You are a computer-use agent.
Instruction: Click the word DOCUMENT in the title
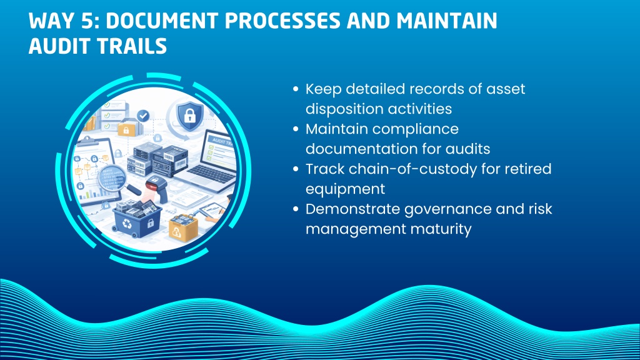pos(162,21)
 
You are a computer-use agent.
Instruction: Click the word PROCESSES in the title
pos(282,21)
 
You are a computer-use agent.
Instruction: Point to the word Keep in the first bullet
pos(323,89)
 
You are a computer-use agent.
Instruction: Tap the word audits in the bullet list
pos(467,149)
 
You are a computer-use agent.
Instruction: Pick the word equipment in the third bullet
pos(345,189)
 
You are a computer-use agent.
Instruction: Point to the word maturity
pos(441,229)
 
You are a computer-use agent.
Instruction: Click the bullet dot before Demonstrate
pos(296,209)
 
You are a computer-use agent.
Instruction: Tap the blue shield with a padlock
pos(190,116)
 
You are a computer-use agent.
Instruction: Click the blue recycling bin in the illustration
pos(137,219)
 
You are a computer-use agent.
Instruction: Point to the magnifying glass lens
pos(112,178)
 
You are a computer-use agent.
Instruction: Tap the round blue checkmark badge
pos(143,116)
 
